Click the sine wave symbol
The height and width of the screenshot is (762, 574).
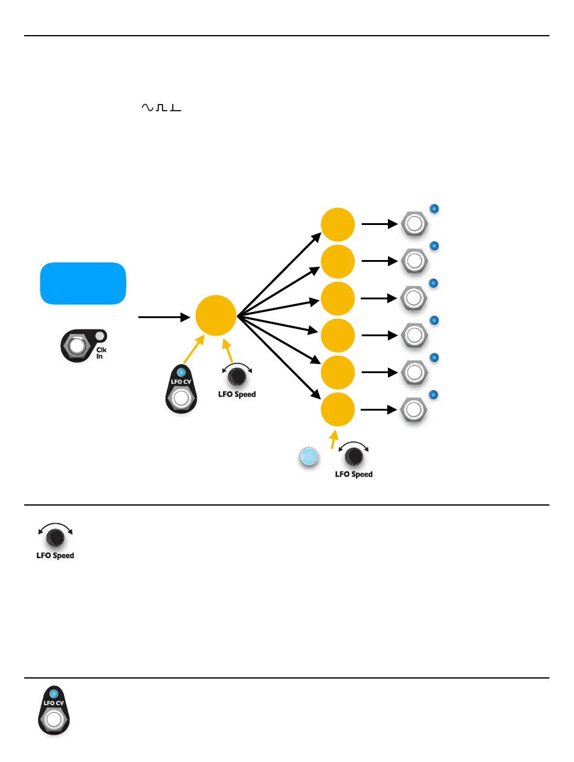click(147, 108)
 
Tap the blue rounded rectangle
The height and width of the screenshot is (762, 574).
click(83, 283)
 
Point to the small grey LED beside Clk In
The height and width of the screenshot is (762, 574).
click(100, 337)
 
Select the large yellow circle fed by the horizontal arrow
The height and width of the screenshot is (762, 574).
click(216, 316)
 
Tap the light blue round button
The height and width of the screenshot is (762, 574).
click(309, 457)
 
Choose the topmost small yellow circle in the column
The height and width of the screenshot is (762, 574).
click(337, 224)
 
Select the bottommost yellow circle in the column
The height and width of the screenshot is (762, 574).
click(337, 409)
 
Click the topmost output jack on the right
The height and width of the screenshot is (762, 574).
click(414, 224)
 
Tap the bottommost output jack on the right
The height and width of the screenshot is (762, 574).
click(414, 409)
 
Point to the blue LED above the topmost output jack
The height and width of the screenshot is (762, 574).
click(433, 209)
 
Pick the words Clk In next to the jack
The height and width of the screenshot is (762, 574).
click(102, 353)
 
